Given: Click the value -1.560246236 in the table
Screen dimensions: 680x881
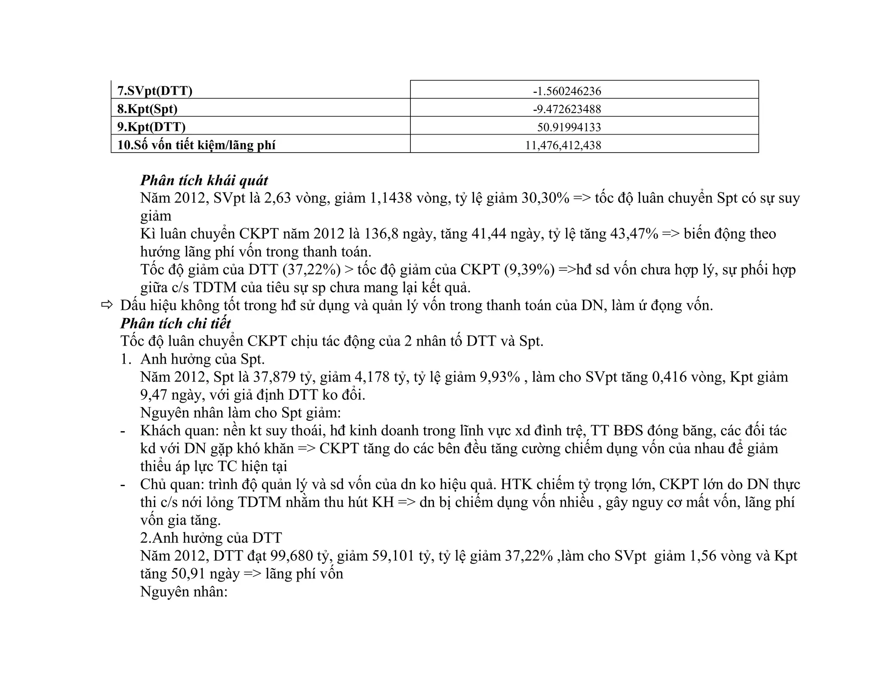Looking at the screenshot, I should click(567, 91).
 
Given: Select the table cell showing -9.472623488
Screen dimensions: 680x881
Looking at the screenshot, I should click(567, 109).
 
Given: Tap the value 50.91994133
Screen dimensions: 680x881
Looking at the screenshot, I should click(569, 127).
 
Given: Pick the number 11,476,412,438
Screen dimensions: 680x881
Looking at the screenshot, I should click(563, 145).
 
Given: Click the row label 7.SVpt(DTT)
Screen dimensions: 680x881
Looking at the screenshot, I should click(155, 91).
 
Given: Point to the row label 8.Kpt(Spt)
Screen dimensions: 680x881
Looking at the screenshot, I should click(148, 109).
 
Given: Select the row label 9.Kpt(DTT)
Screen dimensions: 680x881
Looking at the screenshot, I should click(151, 127).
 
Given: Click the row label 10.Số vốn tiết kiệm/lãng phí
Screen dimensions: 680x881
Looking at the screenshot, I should click(196, 145).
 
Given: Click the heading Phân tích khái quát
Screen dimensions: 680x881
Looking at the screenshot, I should click(204, 180).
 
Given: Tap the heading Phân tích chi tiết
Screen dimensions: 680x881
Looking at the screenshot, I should click(176, 323).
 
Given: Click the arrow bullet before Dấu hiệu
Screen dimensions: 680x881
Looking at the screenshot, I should click(107, 305).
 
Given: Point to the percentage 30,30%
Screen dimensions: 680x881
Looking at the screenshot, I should click(545, 198).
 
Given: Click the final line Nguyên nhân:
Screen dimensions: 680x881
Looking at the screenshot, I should click(184, 592).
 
